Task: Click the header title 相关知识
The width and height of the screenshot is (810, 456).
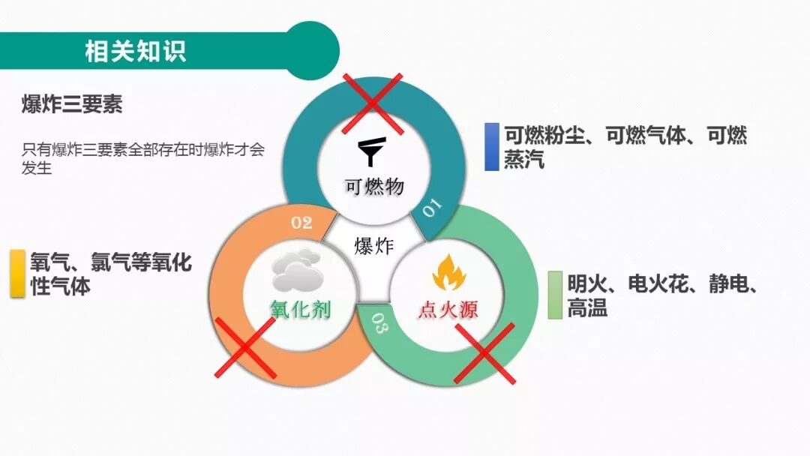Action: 135,51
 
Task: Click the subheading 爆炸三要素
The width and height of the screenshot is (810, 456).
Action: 72,105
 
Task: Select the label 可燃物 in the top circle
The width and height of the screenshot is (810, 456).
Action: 373,186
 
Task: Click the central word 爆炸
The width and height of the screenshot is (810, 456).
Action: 373,245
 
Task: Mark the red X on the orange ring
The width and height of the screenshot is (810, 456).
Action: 244,347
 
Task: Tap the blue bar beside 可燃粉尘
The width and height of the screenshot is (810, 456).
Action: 491,147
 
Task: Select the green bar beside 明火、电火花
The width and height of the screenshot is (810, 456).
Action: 555,295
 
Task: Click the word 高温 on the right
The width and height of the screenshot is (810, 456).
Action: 587,307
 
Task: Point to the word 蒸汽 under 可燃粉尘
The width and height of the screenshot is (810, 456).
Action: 523,160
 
